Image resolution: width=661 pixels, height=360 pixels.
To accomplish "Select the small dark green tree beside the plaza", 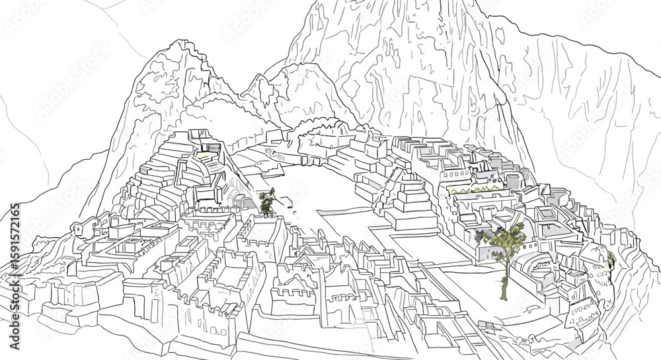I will (267, 201).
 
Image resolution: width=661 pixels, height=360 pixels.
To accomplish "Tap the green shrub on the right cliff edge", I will (610, 260).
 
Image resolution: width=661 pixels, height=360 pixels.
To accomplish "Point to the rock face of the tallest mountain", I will (410, 66).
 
